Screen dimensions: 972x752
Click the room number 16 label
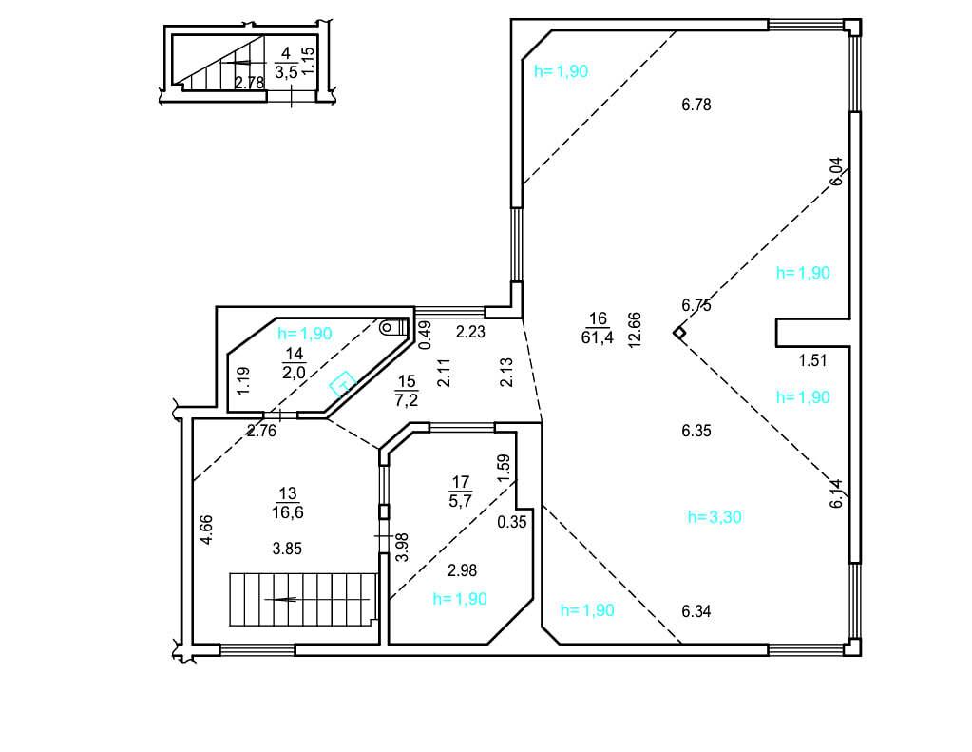click(598, 318)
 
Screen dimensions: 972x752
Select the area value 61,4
click(597, 337)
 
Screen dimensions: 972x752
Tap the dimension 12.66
click(634, 330)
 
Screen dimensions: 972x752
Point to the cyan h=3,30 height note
click(715, 517)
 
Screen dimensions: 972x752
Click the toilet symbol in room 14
click(393, 326)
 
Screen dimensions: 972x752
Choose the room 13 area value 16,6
click(287, 512)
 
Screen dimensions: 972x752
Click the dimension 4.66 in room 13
click(206, 530)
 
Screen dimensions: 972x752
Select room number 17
click(461, 481)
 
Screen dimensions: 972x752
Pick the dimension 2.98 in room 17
click(463, 570)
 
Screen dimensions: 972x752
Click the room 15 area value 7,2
click(406, 400)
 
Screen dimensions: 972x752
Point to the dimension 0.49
click(425, 335)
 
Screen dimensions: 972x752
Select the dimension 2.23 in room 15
click(470, 332)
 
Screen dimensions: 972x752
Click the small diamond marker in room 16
click(679, 333)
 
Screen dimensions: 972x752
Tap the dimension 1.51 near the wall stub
click(812, 360)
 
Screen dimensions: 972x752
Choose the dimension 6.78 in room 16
click(696, 105)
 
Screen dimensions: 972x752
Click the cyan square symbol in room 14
click(342, 384)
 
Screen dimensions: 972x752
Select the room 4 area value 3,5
click(286, 72)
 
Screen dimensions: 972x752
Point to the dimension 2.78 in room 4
click(249, 82)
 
